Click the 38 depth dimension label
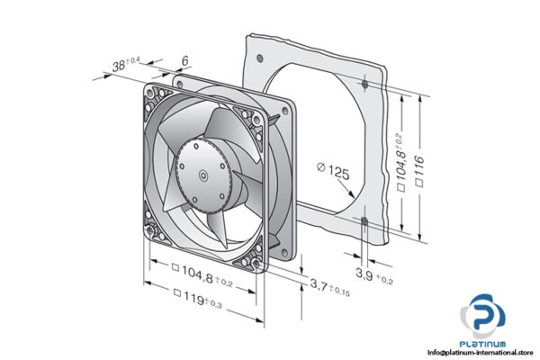click(126, 64)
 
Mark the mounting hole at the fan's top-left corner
click(154, 92)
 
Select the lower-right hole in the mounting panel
click(364, 220)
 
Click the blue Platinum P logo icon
click(487, 319)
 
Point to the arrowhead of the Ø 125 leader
click(350, 200)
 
